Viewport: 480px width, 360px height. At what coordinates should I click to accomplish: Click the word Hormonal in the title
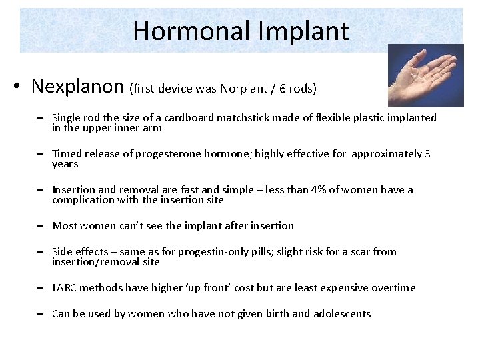click(191, 31)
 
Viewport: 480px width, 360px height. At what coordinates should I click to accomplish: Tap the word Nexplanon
click(77, 87)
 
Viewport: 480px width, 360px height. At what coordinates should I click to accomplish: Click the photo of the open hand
click(425, 75)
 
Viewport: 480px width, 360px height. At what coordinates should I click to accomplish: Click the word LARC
click(65, 288)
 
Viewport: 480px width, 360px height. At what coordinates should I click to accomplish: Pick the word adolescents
click(339, 314)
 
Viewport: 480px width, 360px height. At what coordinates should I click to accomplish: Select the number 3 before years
click(427, 154)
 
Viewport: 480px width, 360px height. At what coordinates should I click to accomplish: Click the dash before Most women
click(41, 226)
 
